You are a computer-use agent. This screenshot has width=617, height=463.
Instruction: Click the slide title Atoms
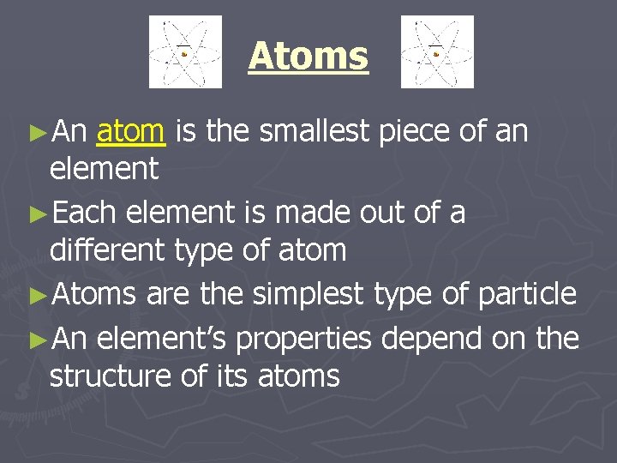coord(308,57)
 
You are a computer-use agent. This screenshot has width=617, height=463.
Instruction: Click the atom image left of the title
coord(185,51)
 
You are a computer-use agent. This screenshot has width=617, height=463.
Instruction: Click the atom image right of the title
coord(437,51)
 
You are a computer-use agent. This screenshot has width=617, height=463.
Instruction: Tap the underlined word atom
coord(130,132)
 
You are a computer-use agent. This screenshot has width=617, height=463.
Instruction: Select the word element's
coord(162,339)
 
